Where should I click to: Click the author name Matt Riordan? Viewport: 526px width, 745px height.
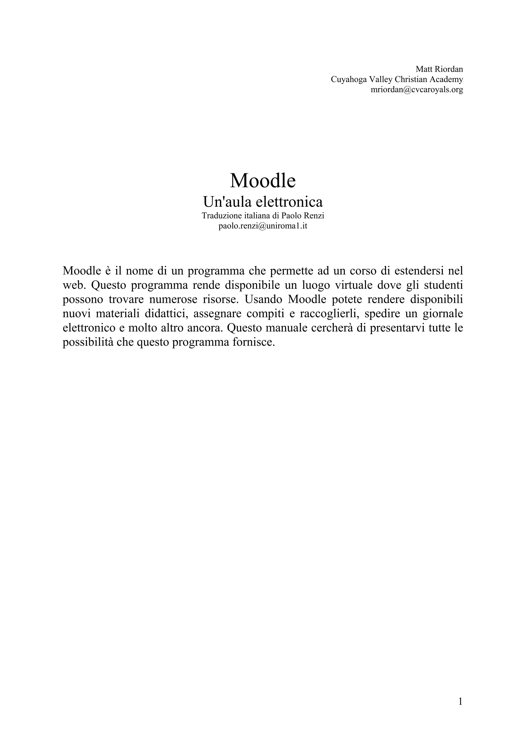coord(439,69)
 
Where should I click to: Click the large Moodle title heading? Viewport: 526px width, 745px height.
coord(263,180)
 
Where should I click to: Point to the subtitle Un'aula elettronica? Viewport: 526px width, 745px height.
coord(263,202)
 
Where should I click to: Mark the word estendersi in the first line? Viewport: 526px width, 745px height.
coord(408,271)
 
